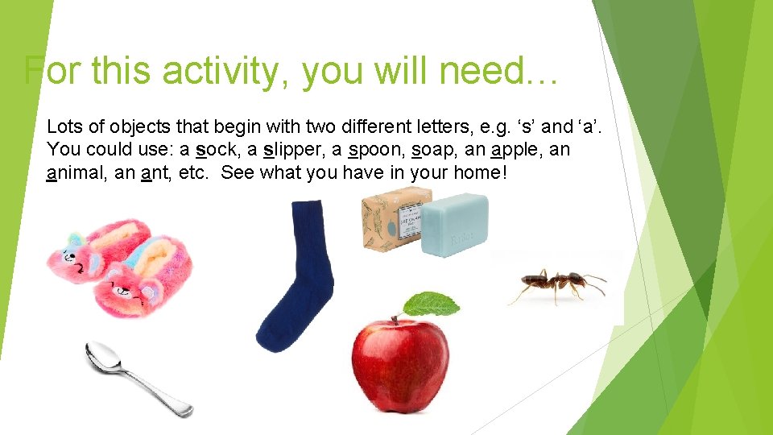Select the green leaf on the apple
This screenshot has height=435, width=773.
431,304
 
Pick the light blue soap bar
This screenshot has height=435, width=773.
456,225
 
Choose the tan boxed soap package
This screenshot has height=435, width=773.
391,218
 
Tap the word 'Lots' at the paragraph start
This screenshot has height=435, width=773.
62,126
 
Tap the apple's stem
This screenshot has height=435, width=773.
396,316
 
